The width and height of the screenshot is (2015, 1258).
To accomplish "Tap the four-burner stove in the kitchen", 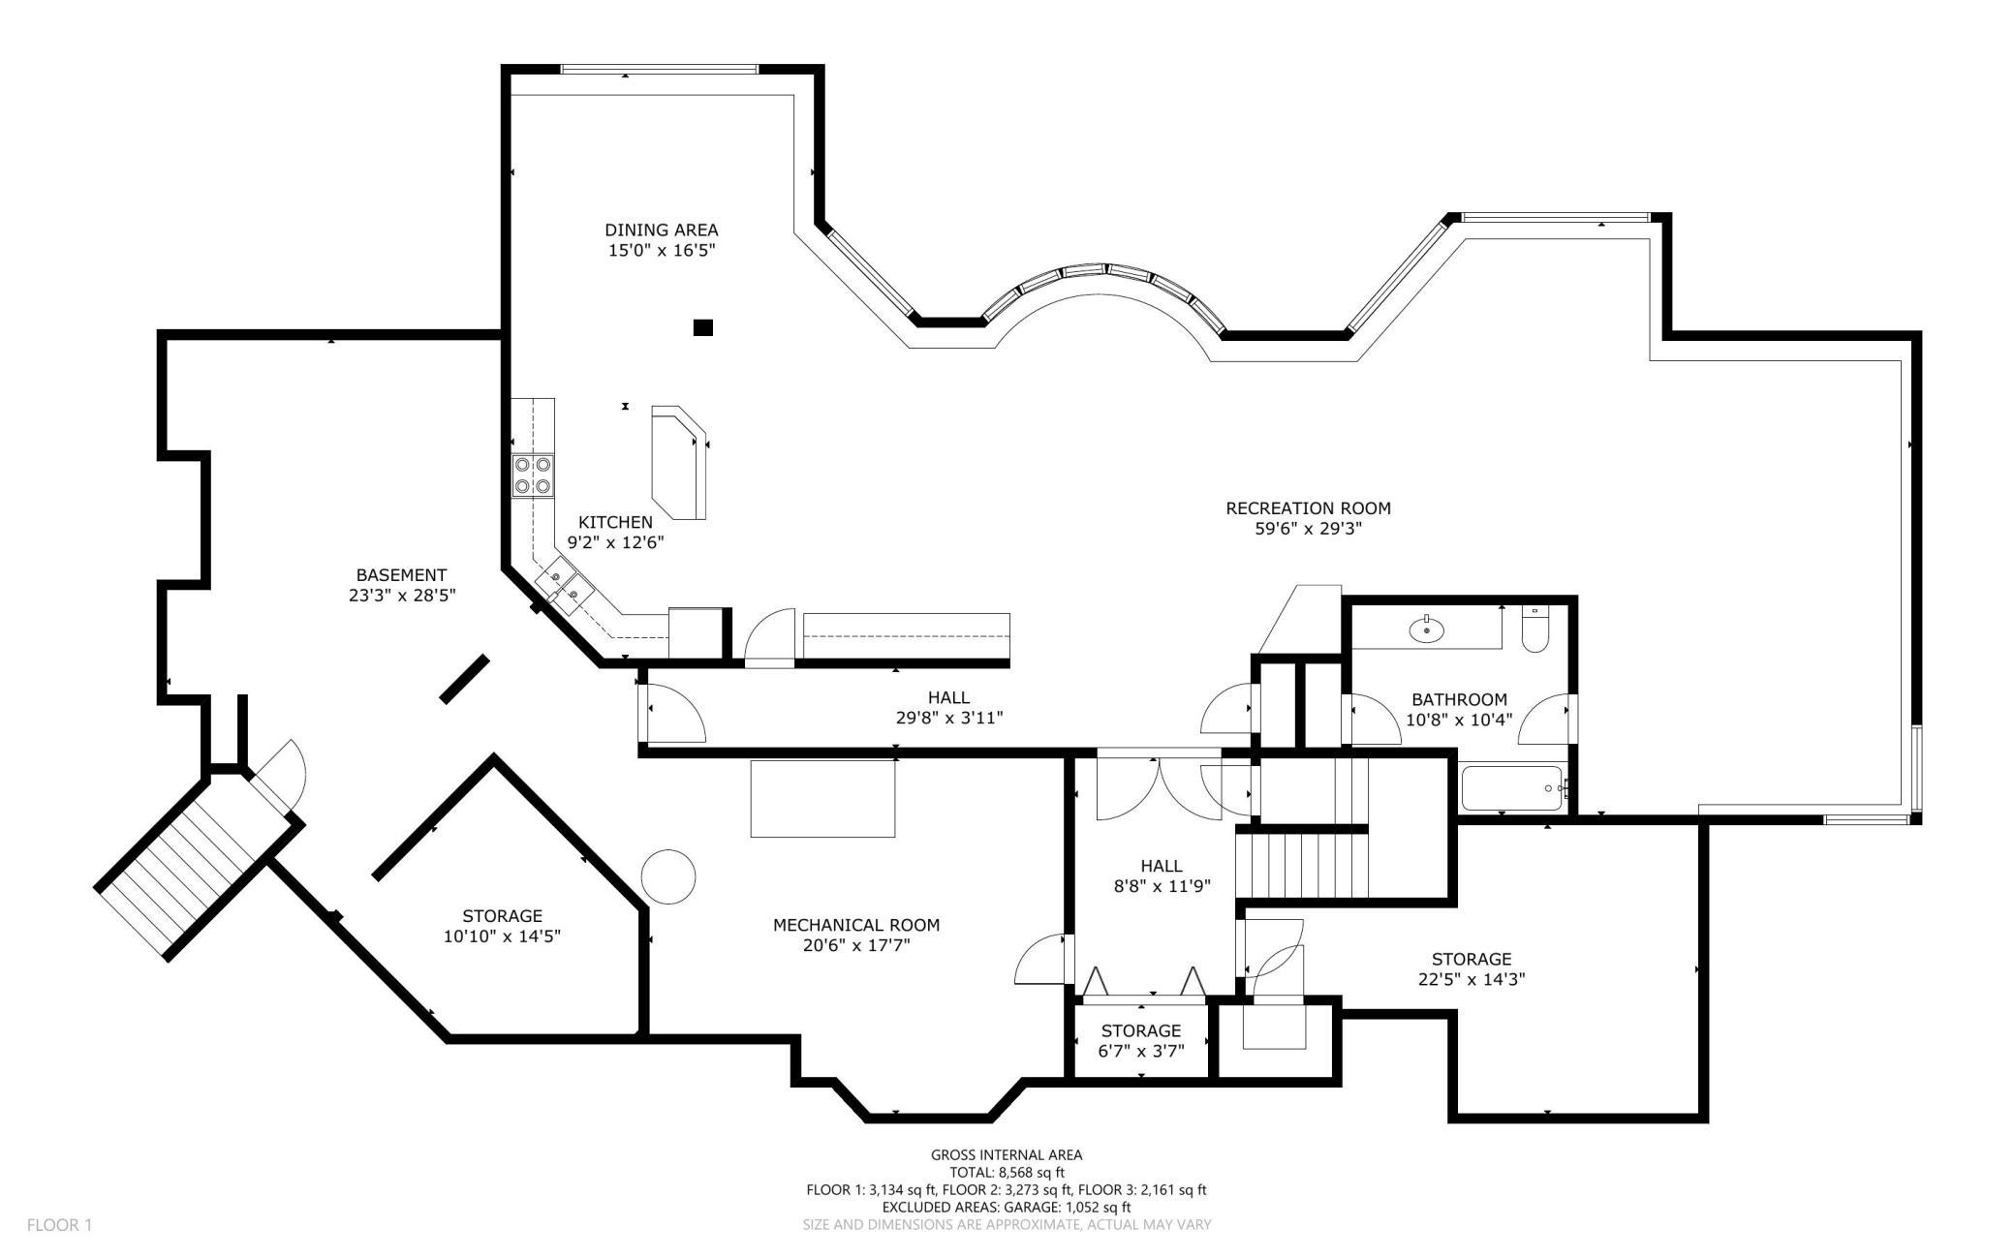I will [x=533, y=476].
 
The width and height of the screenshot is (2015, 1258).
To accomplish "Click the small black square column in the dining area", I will [x=703, y=327].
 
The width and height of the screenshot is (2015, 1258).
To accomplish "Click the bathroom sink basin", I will [x=1427, y=630].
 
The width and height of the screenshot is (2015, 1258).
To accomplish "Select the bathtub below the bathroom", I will [x=1510, y=788].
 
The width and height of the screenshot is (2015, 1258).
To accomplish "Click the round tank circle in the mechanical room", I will [x=668, y=877].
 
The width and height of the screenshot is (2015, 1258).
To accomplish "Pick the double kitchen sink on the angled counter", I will [x=564, y=585].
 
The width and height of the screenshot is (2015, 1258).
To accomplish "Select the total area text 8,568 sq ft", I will [x=1007, y=1172].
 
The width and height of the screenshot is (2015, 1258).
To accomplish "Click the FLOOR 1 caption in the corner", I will [x=59, y=1225].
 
